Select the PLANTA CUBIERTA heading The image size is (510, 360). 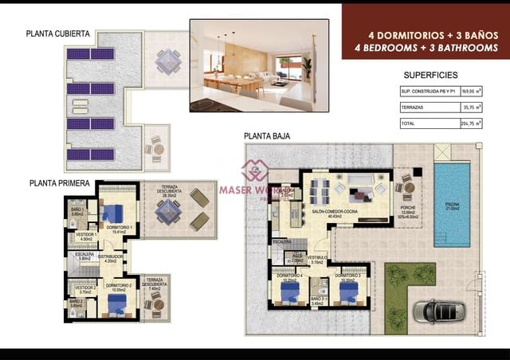point(58,34)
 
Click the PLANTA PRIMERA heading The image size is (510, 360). point(58,182)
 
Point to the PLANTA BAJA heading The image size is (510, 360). point(267,136)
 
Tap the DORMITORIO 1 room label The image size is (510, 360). point(119,229)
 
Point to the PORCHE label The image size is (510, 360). point(407,209)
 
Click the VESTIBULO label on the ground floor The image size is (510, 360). point(318,258)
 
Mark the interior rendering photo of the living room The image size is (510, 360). point(259,65)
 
